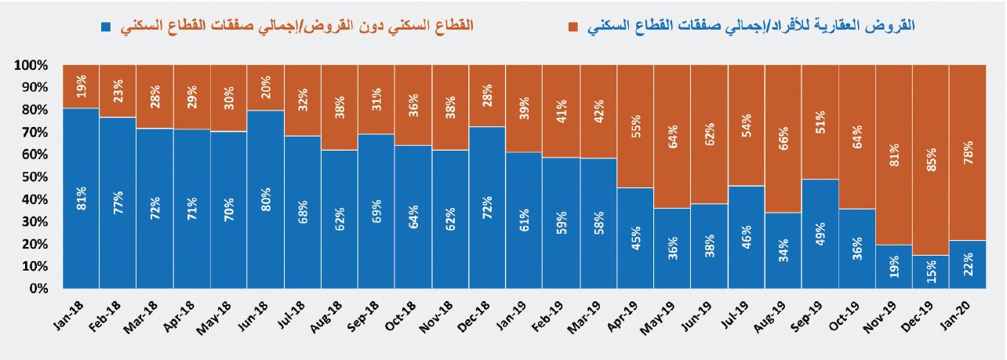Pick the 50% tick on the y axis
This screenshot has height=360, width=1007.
point(37,177)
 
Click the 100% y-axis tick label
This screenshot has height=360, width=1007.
point(33,65)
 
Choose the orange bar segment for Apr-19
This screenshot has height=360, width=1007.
point(635,125)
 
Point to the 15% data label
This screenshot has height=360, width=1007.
point(931,271)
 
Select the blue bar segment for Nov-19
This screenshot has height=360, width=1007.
point(894,267)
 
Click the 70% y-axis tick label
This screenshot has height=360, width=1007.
point(37,133)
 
